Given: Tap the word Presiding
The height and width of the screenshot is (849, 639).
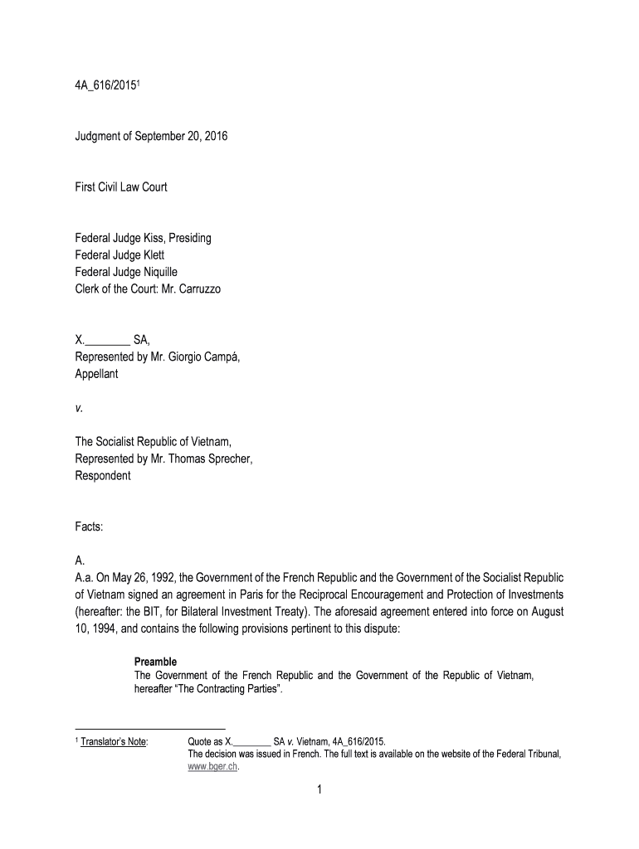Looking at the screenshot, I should coord(188,238).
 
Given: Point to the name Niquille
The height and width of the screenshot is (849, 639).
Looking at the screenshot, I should coord(178,271).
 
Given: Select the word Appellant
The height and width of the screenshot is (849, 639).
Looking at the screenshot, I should coord(97,374).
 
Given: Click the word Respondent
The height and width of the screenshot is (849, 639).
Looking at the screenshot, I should coord(103,476).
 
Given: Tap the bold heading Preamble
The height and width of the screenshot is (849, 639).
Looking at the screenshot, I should coord(155,662).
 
